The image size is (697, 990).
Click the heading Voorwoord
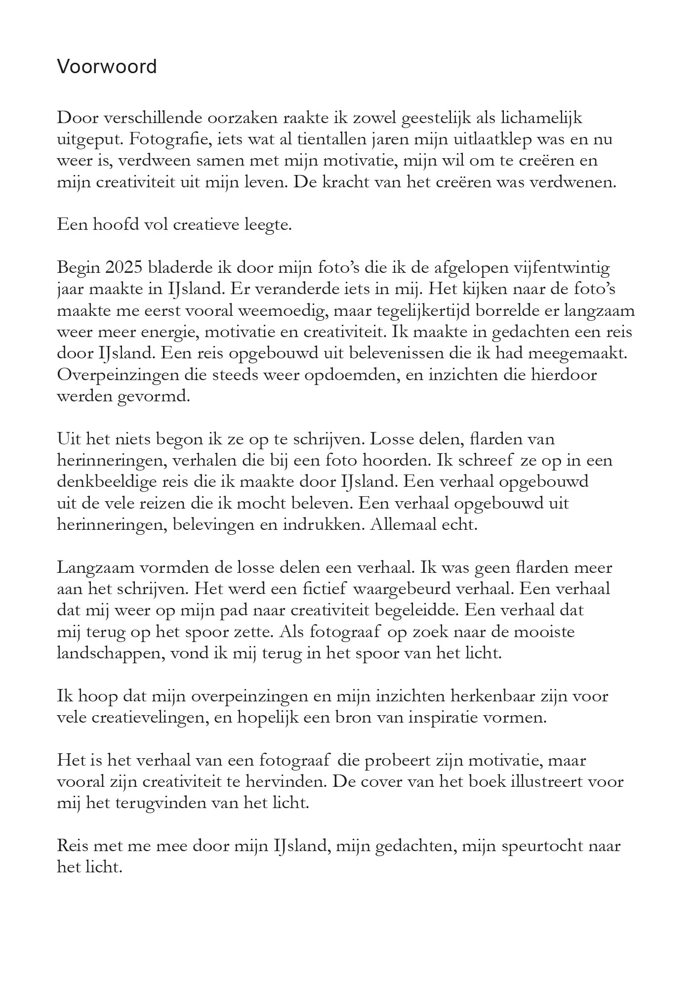point(107,66)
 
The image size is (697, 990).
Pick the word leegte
point(268,225)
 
